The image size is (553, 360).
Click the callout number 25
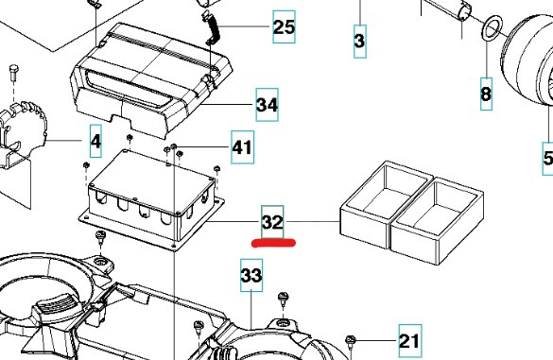283,26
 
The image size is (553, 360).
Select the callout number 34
267,105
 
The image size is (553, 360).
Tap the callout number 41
242,146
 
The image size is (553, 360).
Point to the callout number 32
272,223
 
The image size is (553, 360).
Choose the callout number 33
251,276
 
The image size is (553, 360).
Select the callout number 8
486,94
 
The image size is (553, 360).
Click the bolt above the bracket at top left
11,73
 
